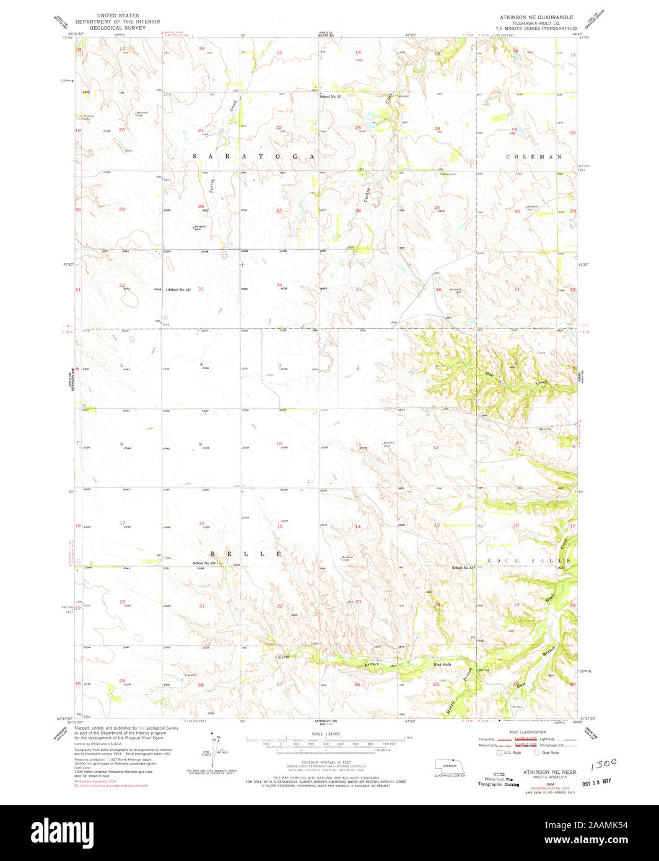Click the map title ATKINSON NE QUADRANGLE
click(536, 17)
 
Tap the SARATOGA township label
click(255, 157)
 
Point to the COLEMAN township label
click(534, 157)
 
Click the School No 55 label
click(330, 97)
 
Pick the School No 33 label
click(463, 567)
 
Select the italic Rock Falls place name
click(442, 664)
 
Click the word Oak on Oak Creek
click(490, 374)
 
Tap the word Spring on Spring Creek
click(212, 185)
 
